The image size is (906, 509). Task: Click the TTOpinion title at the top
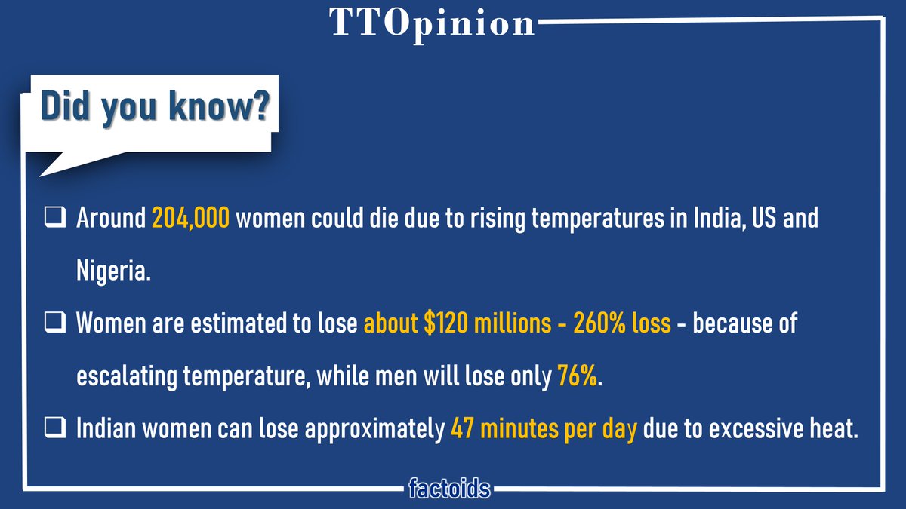(x=432, y=23)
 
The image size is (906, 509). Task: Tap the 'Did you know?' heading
(x=154, y=107)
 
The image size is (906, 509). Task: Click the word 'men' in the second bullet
(x=411, y=376)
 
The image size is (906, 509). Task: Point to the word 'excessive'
(x=743, y=428)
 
